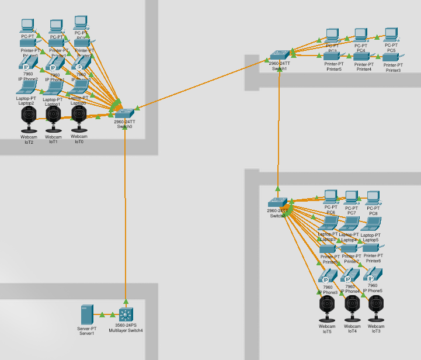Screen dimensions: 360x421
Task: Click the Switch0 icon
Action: pos(125,113)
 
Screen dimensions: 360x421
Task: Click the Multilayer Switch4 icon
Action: pos(126,314)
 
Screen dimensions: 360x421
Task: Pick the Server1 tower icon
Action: pos(86,315)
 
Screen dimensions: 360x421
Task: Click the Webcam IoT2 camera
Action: pos(27,119)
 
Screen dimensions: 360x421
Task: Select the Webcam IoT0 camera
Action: pos(78,119)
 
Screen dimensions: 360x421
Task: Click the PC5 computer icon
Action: pos(391,34)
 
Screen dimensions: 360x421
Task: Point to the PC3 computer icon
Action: pos(332,35)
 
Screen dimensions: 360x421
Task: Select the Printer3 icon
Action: pos(392,58)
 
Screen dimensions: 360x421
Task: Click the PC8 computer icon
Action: pos(374,198)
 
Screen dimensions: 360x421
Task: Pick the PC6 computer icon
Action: pos(331,196)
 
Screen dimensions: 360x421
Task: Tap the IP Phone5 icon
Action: pos(373,274)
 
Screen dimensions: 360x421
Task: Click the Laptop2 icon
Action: pos(26,88)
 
